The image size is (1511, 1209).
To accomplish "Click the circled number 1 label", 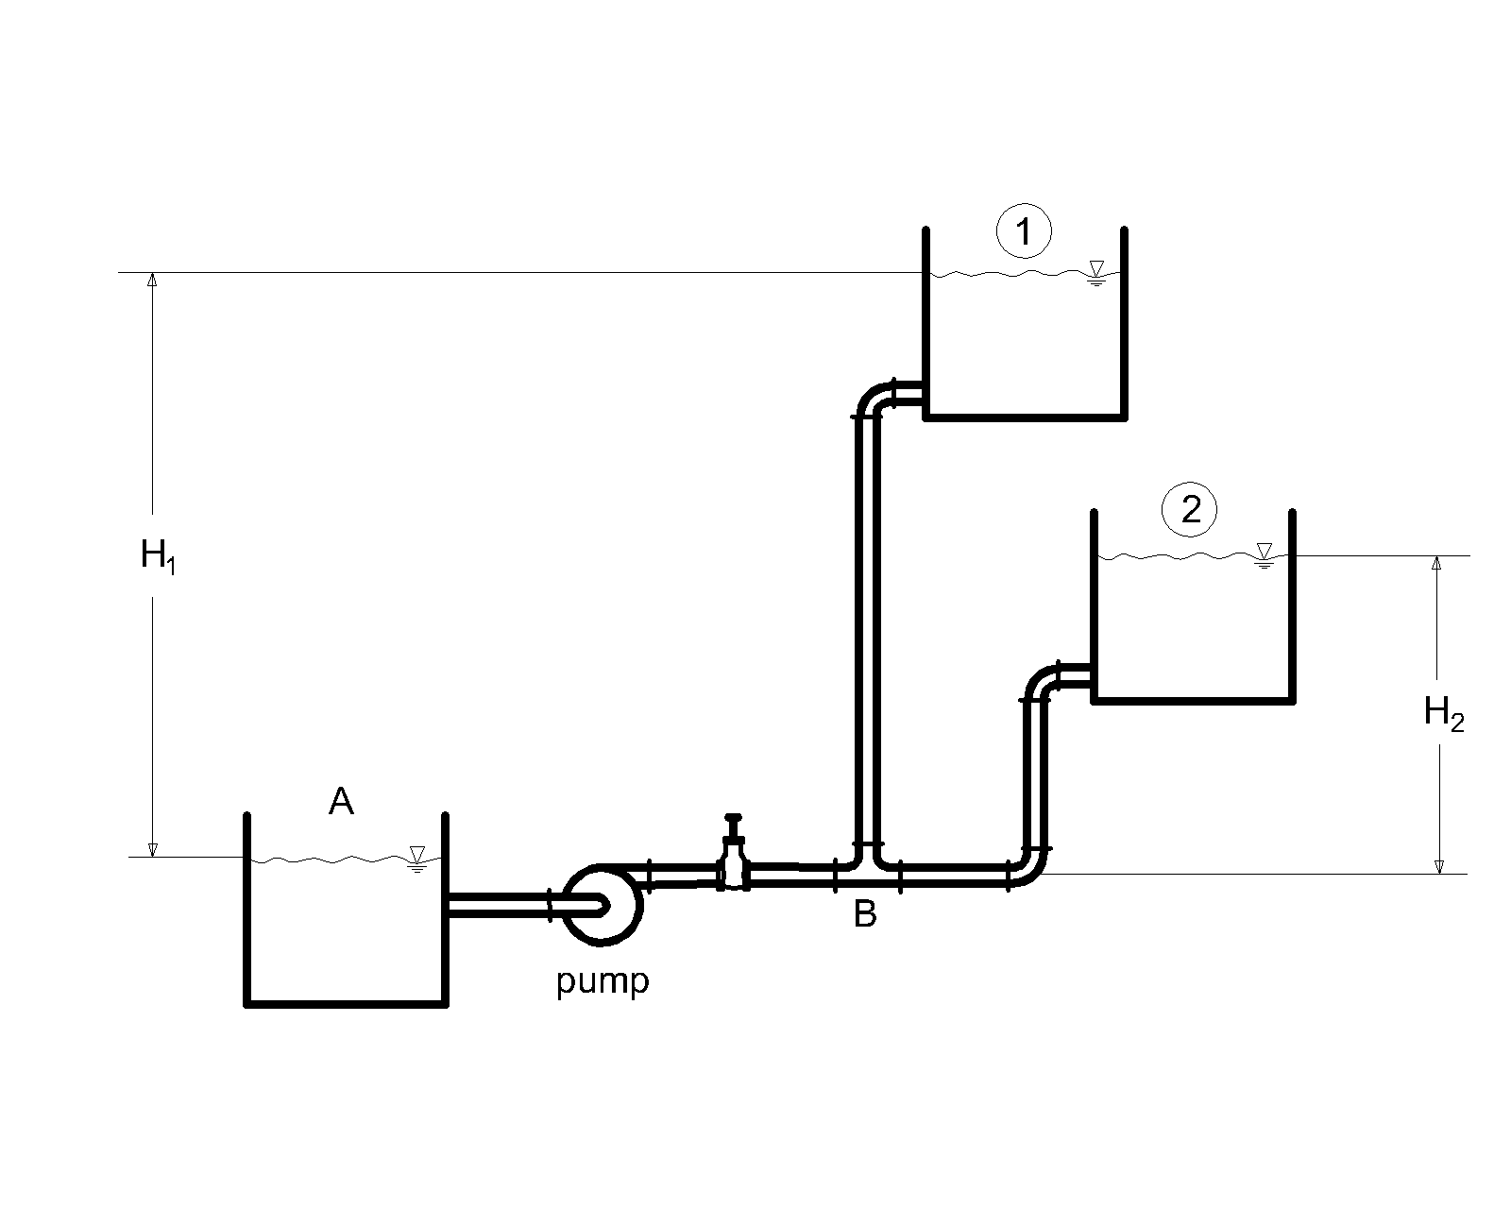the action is coord(1024,231).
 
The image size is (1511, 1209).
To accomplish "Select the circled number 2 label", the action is coord(1189,509).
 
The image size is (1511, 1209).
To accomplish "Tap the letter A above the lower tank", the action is coord(341,802).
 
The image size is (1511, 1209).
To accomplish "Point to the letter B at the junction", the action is coord(865,914).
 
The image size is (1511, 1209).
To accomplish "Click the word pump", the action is coord(603,981).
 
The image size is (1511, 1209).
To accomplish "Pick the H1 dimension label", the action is coord(158,556).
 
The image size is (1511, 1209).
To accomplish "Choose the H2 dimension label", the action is coord(1444,714).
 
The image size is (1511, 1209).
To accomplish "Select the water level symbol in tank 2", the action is coord(1264,555).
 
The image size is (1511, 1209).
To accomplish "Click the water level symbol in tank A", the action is coord(417,860).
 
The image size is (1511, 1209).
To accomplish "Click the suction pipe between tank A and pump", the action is coord(499,905).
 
